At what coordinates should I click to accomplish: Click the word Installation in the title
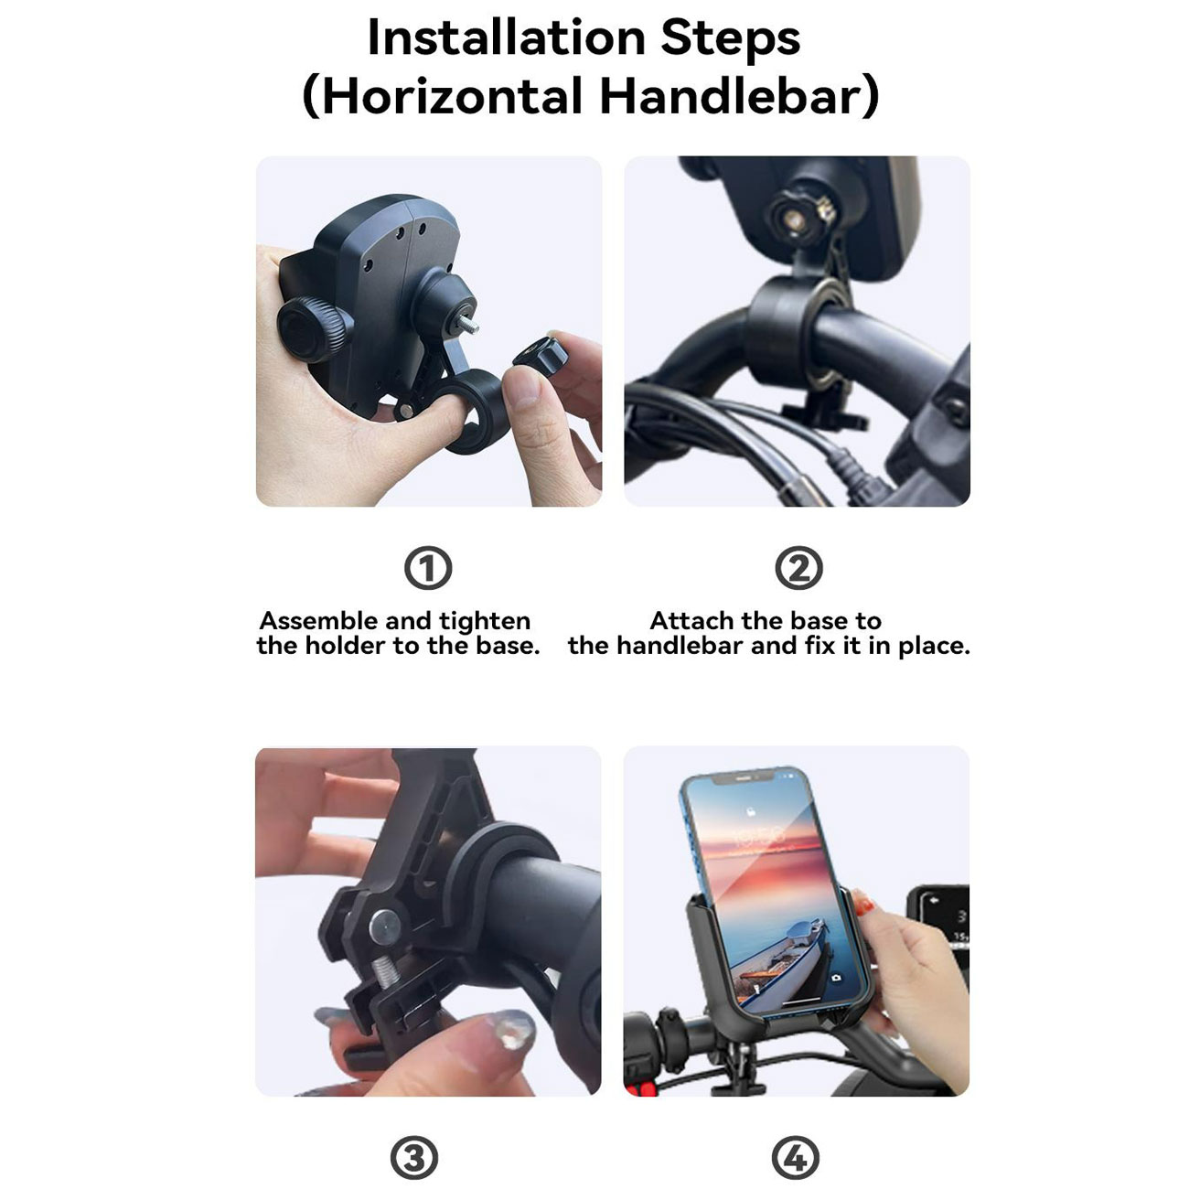click(506, 38)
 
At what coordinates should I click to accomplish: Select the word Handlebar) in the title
click(739, 96)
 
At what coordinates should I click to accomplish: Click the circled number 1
click(428, 568)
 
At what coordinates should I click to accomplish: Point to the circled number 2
click(798, 568)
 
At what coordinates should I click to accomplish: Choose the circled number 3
click(414, 1158)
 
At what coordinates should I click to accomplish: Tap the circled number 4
click(796, 1158)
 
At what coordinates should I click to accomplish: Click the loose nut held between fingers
click(541, 357)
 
